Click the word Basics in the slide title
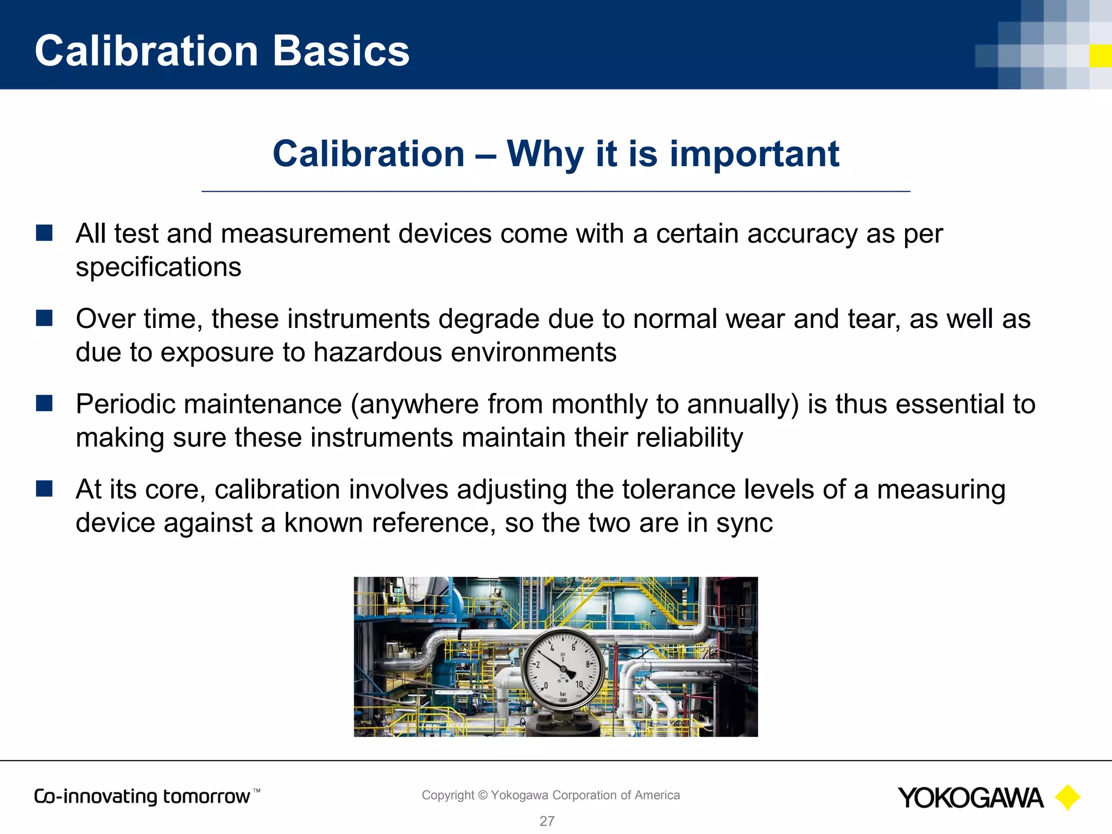[341, 51]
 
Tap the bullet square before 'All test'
[44, 233]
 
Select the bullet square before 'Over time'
[44, 318]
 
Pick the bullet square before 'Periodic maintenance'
[44, 403]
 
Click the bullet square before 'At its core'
[44, 489]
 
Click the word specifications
[158, 268]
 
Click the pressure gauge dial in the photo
[562, 669]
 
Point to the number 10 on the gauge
[579, 685]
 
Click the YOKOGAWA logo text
[970, 798]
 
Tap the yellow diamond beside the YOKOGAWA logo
[1067, 798]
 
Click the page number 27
[547, 821]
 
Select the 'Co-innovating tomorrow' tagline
[142, 797]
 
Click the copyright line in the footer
[551, 795]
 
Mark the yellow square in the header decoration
[1101, 56]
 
